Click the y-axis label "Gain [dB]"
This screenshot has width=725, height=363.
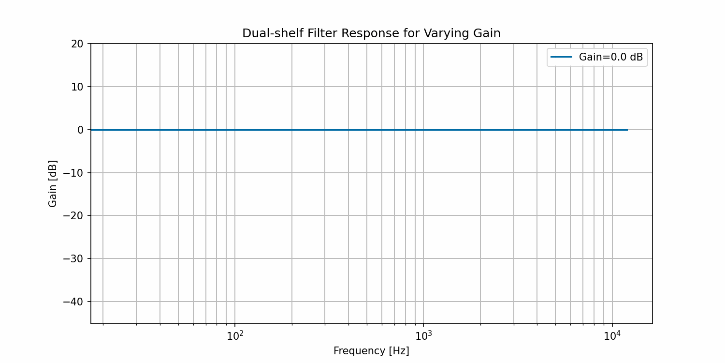53,183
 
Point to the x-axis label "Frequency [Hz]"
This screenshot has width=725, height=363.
371,351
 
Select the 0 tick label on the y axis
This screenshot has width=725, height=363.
81,130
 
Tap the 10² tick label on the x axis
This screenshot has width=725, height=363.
235,335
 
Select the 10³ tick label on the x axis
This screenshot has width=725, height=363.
423,335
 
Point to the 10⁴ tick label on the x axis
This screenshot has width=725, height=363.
612,335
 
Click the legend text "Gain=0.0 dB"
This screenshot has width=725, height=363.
611,57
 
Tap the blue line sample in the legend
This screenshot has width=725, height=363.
561,57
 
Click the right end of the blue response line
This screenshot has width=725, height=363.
627,130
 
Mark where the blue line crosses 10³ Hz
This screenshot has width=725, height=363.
423,130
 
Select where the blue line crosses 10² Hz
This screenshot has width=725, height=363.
235,130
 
